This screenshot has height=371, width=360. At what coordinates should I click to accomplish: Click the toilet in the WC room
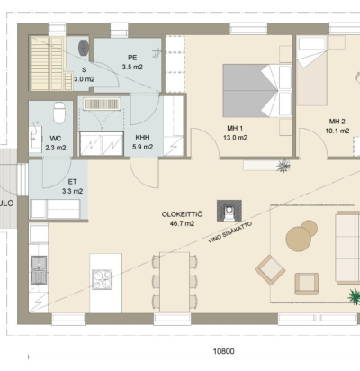(x=59, y=113)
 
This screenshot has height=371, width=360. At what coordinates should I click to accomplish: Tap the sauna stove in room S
(x=84, y=48)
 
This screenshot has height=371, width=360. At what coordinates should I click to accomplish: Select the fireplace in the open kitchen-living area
(x=229, y=211)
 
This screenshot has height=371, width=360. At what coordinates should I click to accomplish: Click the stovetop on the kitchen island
(x=103, y=279)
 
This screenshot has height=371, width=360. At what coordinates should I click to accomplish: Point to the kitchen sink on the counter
(x=39, y=270)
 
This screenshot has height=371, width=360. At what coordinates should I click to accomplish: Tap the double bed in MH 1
(x=257, y=91)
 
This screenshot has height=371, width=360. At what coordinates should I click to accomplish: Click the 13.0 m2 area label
(x=235, y=138)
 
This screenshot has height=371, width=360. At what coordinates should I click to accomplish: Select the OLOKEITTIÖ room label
(x=182, y=214)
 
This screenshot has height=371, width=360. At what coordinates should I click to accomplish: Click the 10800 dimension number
(x=223, y=351)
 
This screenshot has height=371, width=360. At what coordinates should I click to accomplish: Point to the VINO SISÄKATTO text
(x=230, y=232)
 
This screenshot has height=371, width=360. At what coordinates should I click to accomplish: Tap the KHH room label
(x=142, y=138)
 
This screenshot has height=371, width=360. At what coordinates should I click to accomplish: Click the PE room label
(x=132, y=58)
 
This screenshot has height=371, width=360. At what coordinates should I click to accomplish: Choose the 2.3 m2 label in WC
(x=56, y=148)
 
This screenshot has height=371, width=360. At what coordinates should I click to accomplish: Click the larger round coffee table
(x=298, y=239)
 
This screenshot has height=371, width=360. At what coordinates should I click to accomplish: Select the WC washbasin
(x=36, y=138)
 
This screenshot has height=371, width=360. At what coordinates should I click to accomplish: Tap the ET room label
(x=72, y=182)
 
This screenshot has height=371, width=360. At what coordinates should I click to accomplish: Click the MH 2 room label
(x=337, y=122)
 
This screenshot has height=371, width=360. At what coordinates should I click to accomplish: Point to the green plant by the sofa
(x=355, y=296)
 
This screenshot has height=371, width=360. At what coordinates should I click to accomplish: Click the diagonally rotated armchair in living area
(x=270, y=269)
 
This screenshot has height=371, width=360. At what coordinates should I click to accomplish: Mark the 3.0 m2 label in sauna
(x=85, y=79)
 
